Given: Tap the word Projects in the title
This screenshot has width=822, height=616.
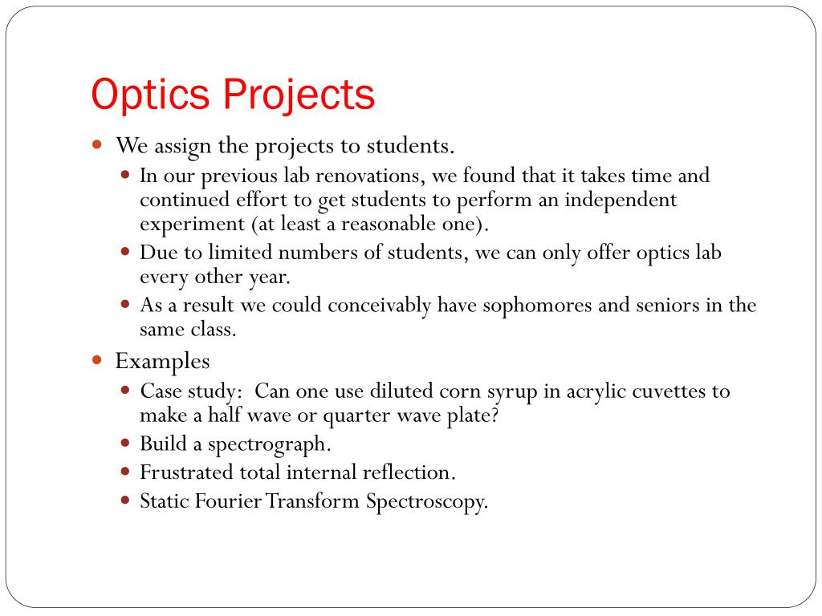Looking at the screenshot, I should click(299, 95).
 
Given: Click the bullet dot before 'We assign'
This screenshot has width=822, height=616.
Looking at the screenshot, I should click(97, 146).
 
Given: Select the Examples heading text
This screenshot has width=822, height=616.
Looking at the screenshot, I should click(162, 362).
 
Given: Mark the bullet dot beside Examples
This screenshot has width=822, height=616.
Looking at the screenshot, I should click(97, 361).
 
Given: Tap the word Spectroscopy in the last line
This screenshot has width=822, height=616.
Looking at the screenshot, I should click(427, 502).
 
